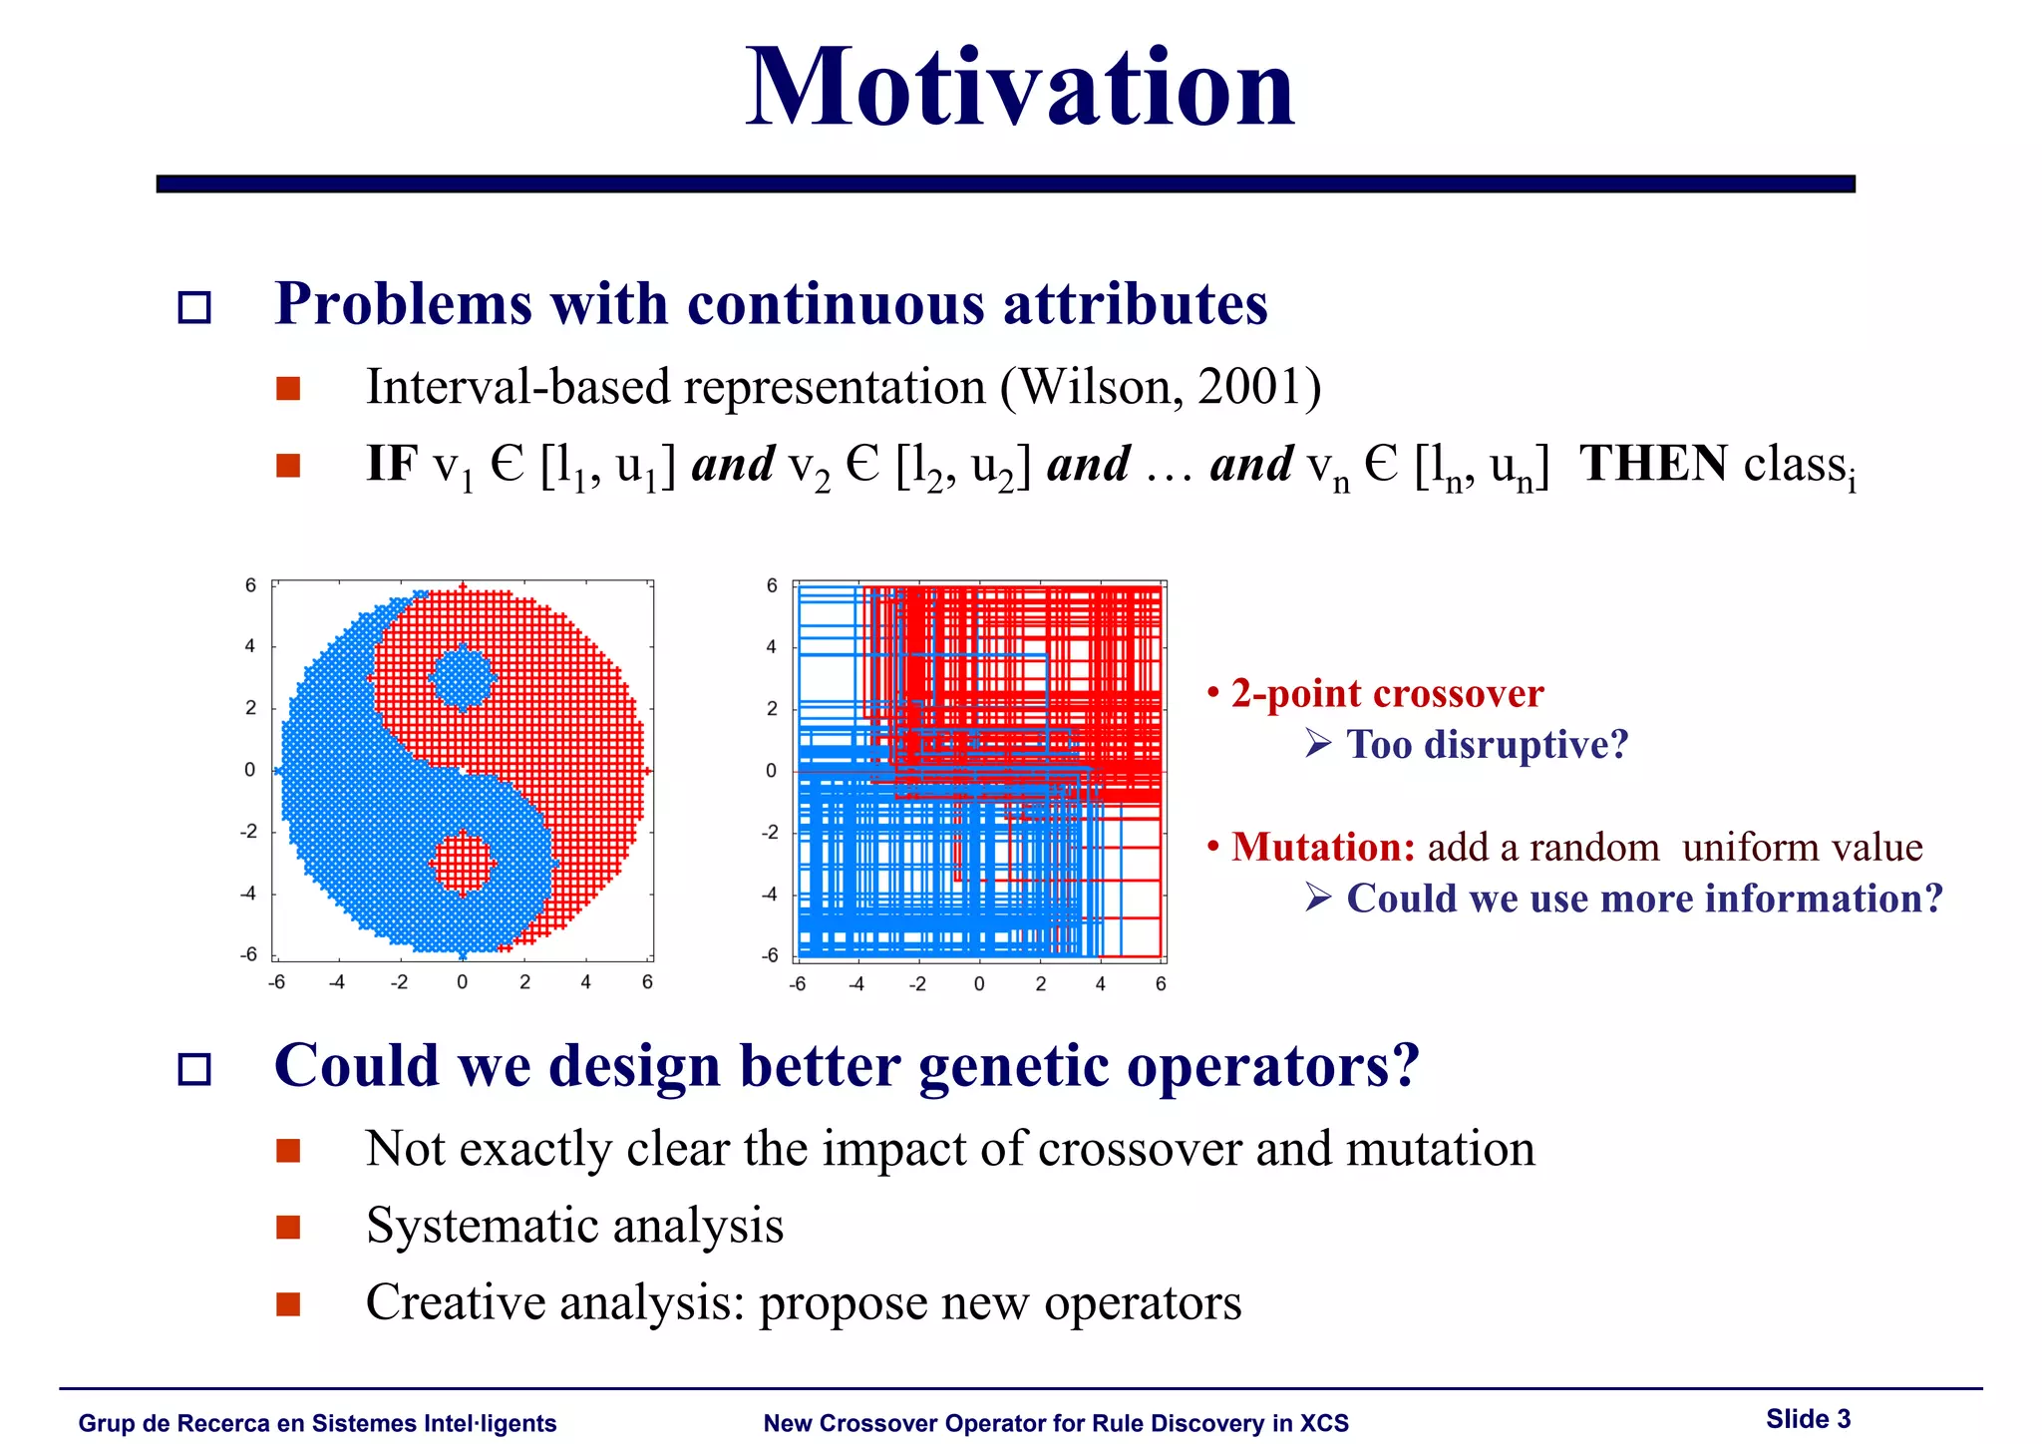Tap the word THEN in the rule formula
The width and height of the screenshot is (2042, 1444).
point(1653,464)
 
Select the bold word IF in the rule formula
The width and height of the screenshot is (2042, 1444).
point(392,464)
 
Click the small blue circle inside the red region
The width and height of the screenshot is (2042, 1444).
point(462,677)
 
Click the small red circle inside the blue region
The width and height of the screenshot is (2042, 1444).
point(463,863)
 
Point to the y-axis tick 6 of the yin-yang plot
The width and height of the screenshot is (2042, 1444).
point(250,585)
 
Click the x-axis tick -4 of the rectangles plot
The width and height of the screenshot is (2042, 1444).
point(856,984)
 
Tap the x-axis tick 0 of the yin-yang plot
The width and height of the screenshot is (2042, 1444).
point(462,982)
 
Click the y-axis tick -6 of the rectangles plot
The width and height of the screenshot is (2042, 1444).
point(770,955)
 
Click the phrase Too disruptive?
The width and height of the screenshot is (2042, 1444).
point(1486,744)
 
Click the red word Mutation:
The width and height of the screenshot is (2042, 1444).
point(1322,847)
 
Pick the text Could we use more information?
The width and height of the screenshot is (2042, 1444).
point(1644,899)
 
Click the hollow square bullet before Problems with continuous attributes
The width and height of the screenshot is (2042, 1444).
point(194,307)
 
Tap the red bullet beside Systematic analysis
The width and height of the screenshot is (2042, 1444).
point(288,1227)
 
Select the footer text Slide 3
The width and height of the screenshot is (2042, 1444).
point(1808,1419)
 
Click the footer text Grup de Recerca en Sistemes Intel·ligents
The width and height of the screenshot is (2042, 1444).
point(317,1423)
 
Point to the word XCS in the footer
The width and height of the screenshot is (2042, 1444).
point(1324,1423)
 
